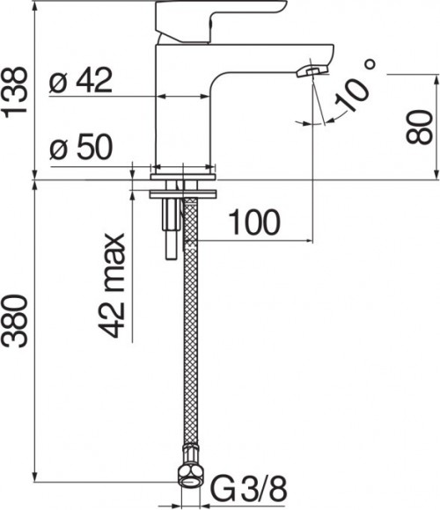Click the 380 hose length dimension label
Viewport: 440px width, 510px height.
tap(17, 330)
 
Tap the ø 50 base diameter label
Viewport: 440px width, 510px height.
tap(82, 148)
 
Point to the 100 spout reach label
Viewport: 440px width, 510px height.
tap(256, 222)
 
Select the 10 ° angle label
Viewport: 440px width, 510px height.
tap(356, 88)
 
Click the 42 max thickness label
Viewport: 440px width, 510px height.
tap(113, 286)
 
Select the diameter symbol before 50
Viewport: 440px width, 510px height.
tap(59, 149)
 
